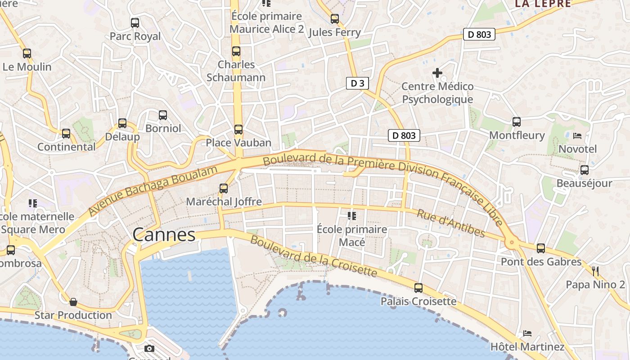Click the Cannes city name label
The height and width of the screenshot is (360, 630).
164,235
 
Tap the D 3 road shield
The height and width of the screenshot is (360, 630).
357,83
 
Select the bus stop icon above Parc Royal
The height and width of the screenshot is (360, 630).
135,23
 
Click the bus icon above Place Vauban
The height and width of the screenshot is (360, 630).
238,130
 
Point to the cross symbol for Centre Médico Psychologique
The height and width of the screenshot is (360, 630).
437,72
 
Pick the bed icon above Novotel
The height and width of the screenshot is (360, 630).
577,135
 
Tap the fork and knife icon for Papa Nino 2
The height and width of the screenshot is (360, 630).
595,271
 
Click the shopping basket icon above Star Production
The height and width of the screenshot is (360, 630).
73,302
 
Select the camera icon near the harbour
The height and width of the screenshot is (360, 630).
149,348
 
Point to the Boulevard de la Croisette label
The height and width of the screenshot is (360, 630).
313,256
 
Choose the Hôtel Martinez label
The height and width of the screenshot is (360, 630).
527,347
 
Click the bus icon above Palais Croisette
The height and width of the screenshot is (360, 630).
418,288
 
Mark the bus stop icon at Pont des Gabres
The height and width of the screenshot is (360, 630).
541,248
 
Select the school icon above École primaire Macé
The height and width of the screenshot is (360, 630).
351,216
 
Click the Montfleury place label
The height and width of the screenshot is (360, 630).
517,135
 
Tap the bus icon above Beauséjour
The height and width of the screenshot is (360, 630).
584,170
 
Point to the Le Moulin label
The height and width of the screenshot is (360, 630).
27,67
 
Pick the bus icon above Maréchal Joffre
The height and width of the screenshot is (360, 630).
224,189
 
